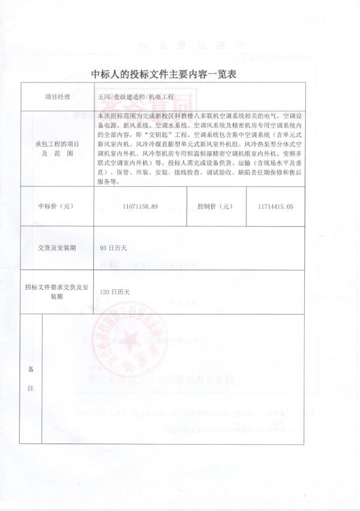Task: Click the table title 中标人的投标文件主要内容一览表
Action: [x=164, y=74]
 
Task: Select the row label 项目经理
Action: [x=57, y=97]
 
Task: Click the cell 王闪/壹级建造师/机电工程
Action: [x=128, y=97]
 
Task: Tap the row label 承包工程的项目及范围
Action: [x=57, y=149]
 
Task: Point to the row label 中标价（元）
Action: [x=57, y=206]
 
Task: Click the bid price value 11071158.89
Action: [x=140, y=206]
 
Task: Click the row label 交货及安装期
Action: [x=57, y=248]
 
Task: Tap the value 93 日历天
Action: [x=113, y=248]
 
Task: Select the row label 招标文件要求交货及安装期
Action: [x=57, y=291]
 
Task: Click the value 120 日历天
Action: [x=115, y=292]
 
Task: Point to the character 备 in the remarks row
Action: [x=31, y=370]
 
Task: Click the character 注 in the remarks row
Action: [x=31, y=389]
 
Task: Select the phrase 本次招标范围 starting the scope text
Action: [x=117, y=116]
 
